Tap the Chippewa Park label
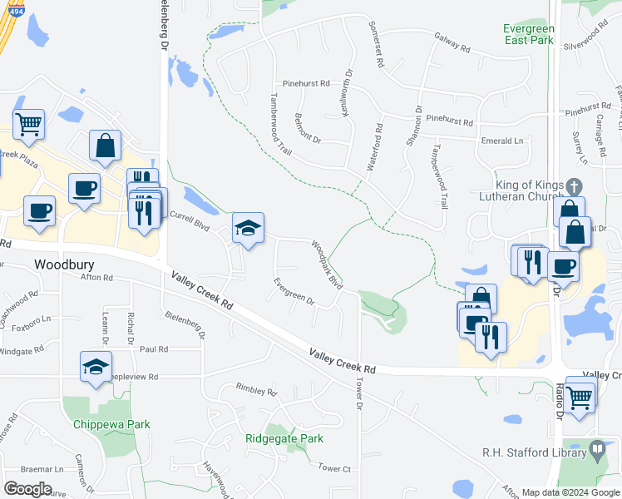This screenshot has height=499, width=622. point(111,424)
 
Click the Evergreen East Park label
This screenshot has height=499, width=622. point(528,33)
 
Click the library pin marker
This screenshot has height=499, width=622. point(597,450)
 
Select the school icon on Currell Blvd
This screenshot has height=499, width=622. point(248,228)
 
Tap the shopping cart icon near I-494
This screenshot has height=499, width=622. point(28,125)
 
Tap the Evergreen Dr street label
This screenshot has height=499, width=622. point(294,290)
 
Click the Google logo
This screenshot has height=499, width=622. point(27,488)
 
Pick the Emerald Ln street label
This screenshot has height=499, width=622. point(501,141)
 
